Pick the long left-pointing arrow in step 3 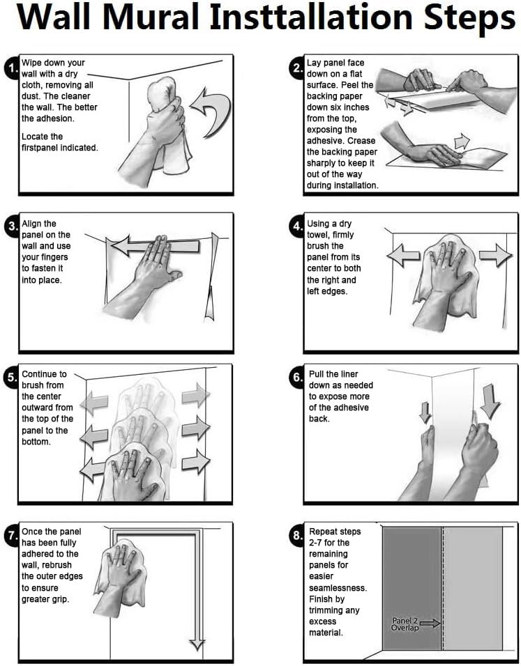click(156, 247)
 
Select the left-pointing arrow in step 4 click(403, 256)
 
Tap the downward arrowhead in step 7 click(197, 644)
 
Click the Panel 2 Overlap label click(405, 624)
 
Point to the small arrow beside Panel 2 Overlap click(430, 623)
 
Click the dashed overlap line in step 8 click(443, 588)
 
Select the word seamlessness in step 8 click(338, 588)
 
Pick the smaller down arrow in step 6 click(425, 412)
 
